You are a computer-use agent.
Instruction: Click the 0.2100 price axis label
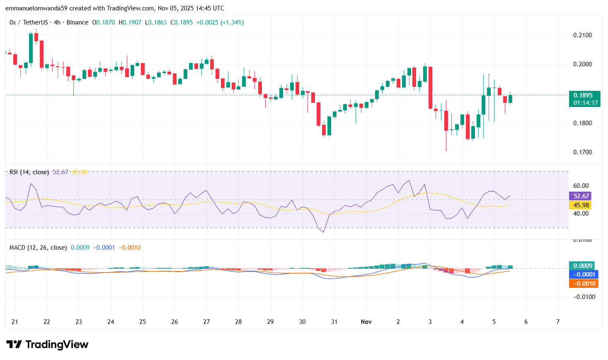pos(582,35)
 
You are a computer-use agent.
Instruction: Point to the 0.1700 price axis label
pos(582,152)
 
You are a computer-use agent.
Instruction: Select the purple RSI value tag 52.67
pos(581,196)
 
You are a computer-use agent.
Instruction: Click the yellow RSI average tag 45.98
pos(581,205)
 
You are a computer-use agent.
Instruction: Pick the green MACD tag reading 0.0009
pos(582,266)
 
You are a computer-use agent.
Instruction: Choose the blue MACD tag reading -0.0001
pos(584,275)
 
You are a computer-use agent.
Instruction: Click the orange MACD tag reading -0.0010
pos(584,284)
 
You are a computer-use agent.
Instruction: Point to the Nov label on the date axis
pos(366,322)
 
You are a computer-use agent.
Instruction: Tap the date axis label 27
pos(206,322)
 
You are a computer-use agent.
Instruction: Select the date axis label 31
pos(334,322)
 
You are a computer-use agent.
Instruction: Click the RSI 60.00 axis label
pos(581,186)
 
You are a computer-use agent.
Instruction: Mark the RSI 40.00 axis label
pos(581,214)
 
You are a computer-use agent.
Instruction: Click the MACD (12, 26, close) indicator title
pos(38,248)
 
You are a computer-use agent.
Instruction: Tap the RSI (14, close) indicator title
pos(29,172)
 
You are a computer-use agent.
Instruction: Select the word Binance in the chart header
pos(78,22)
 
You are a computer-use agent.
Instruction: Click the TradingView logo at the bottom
pos(47,345)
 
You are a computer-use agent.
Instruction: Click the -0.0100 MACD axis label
pos(584,297)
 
